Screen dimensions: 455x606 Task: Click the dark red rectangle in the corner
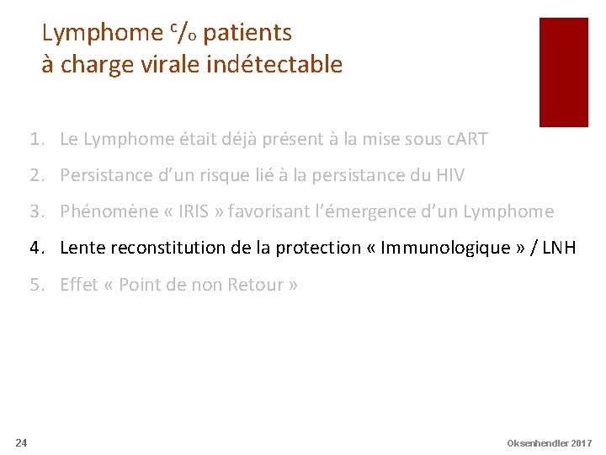coord(563,72)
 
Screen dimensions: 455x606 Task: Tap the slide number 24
coord(21,442)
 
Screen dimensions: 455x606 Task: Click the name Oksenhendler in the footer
coord(537,443)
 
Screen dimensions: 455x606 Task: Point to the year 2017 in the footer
coord(581,443)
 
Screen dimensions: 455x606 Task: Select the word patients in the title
coord(247,34)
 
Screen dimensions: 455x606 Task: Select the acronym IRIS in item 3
coord(194,211)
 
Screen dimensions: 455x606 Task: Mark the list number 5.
coord(36,285)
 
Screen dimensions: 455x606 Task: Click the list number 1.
coord(36,139)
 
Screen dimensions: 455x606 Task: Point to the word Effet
coord(78,285)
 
